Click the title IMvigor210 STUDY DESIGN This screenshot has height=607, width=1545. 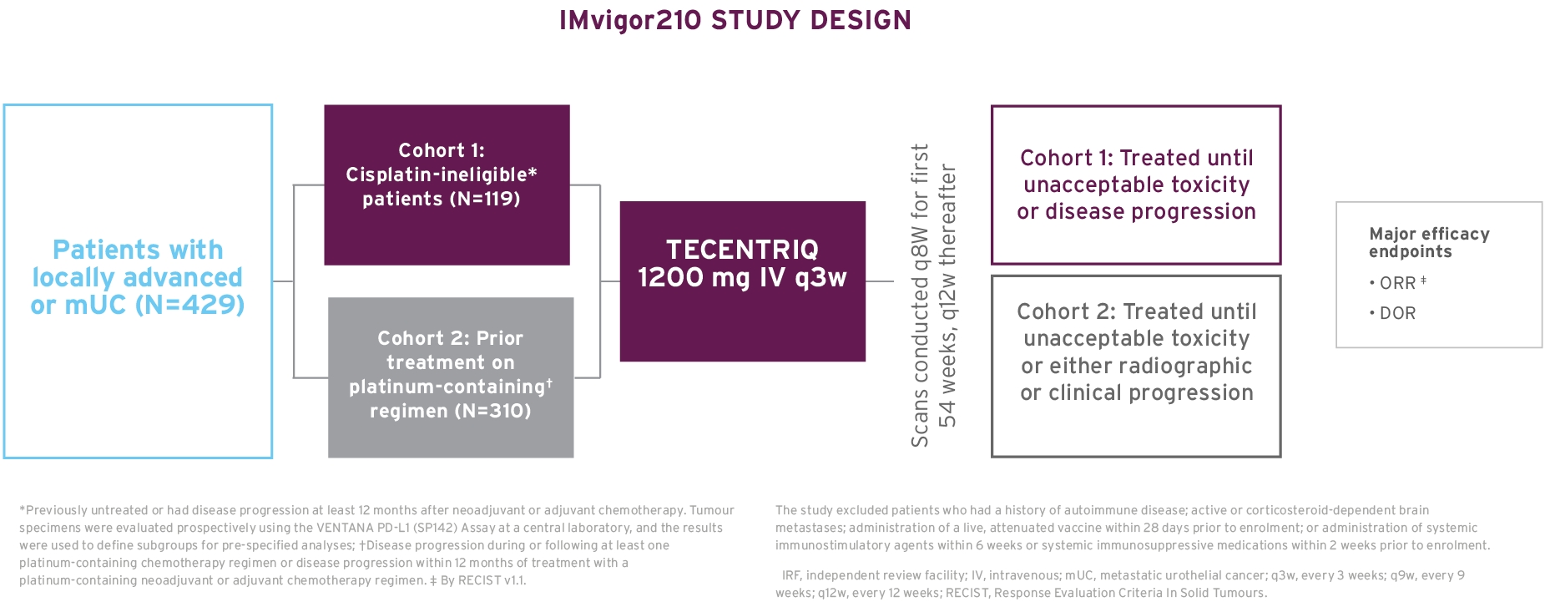click(735, 20)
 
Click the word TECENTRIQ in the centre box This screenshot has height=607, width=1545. click(742, 250)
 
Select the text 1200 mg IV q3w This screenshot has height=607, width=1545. click(742, 277)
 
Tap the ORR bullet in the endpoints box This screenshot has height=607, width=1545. click(1398, 283)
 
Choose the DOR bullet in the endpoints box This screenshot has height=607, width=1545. click(1396, 313)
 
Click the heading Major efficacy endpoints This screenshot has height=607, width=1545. click(1428, 242)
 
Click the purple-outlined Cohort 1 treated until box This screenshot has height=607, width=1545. click(1135, 185)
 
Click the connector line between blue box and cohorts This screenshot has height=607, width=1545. click(283, 281)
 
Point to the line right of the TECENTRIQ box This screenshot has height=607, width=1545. click(880, 281)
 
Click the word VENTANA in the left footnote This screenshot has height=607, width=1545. click(344, 528)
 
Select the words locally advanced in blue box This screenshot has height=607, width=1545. click(137, 277)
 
